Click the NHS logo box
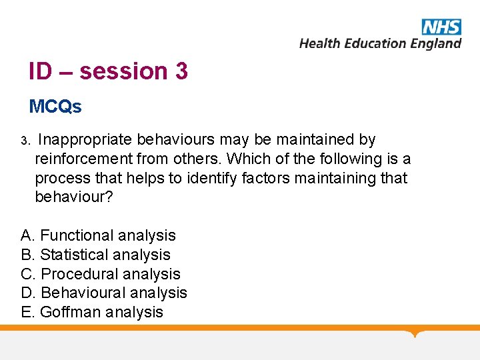click(x=441, y=27)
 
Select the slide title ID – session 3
click(x=108, y=71)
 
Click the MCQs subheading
click(x=55, y=107)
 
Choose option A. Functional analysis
click(x=99, y=235)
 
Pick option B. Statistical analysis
click(x=96, y=255)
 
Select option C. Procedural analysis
click(x=101, y=274)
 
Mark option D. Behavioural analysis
click(x=104, y=293)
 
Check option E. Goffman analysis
click(x=92, y=312)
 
